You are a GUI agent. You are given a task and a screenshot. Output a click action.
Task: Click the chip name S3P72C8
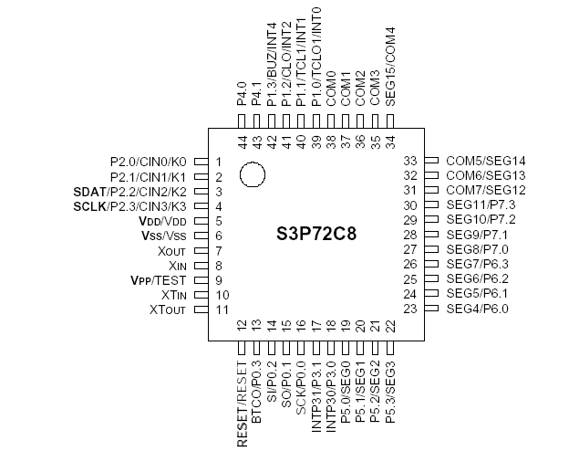(x=315, y=233)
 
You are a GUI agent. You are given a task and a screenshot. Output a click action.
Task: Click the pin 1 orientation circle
(x=253, y=173)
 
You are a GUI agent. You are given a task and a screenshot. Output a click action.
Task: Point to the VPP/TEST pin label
(x=161, y=280)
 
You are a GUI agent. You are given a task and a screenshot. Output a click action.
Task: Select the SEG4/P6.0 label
(x=478, y=309)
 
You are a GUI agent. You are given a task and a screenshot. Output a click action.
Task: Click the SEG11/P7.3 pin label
(x=481, y=205)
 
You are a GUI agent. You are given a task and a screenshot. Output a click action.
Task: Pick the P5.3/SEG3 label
(x=390, y=385)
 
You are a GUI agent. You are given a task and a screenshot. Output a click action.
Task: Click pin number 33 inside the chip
(x=410, y=161)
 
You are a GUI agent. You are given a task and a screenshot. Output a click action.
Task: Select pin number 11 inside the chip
(x=222, y=310)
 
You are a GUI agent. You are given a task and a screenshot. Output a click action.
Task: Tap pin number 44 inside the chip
(x=243, y=142)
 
